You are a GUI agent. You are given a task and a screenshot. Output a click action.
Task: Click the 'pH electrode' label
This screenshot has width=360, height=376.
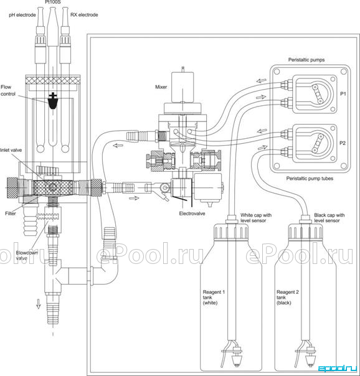point(22,15)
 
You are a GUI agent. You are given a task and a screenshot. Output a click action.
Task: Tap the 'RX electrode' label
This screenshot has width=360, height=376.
point(84,14)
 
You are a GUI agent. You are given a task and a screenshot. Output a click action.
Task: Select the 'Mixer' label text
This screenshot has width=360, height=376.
point(161,87)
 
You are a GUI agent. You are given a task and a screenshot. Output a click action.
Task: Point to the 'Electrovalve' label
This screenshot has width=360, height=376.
point(192,213)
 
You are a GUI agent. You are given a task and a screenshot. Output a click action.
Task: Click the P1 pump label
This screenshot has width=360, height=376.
point(343,94)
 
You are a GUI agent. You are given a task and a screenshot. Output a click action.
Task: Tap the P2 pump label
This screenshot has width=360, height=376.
point(343,143)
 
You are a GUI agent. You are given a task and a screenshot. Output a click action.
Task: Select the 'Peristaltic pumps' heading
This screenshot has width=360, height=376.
point(306,60)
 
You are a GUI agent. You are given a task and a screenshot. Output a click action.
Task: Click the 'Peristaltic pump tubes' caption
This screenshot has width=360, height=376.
point(310,179)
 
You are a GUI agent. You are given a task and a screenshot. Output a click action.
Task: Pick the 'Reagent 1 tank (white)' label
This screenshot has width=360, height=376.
point(214,298)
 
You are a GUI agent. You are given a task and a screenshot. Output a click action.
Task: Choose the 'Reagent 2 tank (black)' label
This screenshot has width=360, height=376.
point(288,298)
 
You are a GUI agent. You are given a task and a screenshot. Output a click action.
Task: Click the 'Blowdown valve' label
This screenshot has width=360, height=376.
point(27,255)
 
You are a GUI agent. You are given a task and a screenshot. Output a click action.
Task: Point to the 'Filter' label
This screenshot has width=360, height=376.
point(11,213)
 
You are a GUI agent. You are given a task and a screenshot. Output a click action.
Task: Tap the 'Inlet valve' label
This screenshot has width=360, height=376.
point(11,150)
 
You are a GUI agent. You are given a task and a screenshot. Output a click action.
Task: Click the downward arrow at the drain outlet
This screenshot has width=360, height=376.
point(39,304)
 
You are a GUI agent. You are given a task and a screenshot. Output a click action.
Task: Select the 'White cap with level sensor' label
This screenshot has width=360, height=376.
point(256,218)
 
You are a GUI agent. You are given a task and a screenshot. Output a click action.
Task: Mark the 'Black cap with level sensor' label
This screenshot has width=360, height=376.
point(329,218)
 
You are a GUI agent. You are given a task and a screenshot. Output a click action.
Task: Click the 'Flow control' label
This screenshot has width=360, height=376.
point(8,90)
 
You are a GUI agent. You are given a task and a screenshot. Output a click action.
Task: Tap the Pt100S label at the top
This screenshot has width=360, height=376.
point(53,2)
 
